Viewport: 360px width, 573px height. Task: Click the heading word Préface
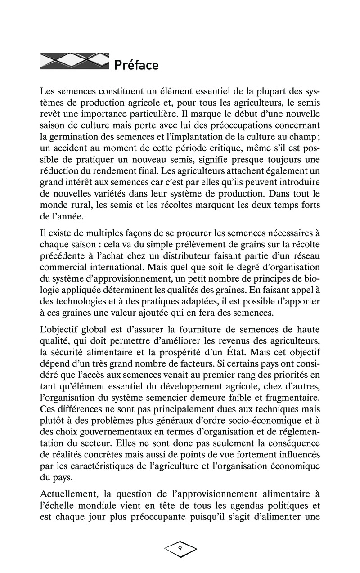136,66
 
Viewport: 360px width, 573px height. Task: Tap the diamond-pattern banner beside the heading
74,61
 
